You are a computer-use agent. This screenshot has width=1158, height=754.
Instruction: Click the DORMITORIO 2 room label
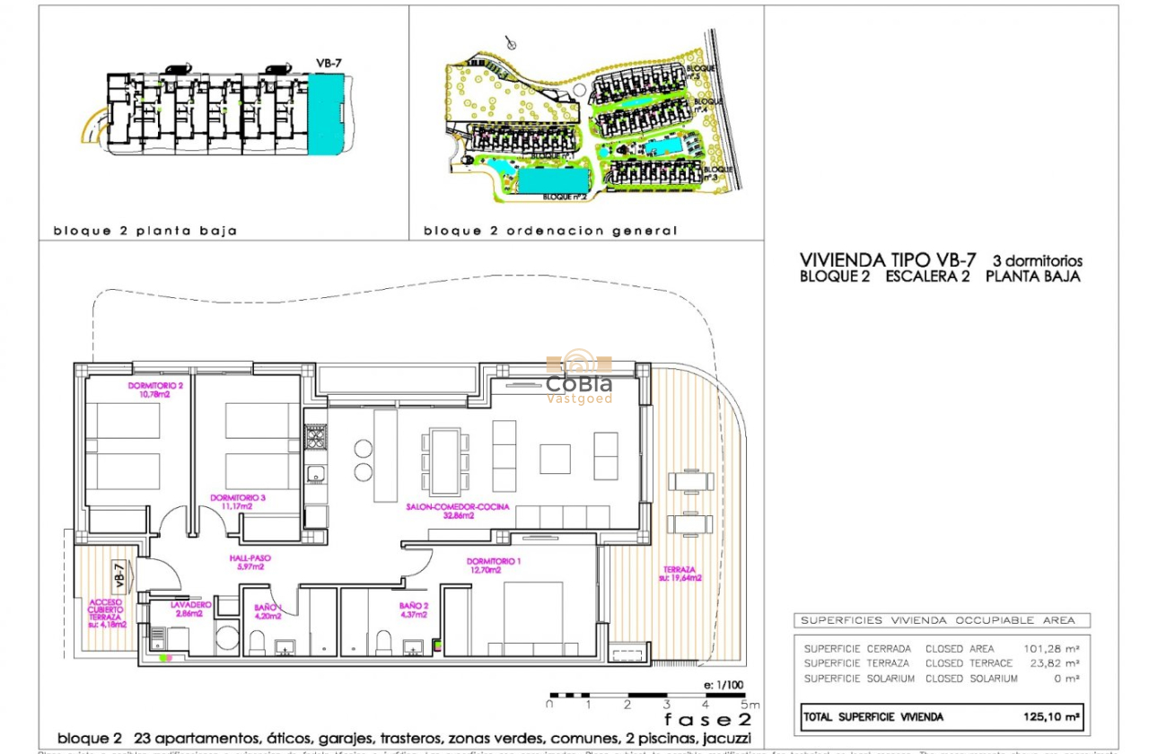pyautogui.click(x=149, y=390)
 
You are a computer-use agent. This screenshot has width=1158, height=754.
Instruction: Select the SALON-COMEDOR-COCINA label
pyautogui.click(x=458, y=511)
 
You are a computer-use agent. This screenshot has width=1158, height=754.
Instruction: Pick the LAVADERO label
pyautogui.click(x=190, y=609)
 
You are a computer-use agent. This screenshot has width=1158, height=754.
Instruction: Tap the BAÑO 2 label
pyautogui.click(x=414, y=609)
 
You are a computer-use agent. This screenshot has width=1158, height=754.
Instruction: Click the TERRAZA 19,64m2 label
pyautogui.click(x=682, y=574)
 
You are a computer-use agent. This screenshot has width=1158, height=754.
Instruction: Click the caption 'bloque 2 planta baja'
pyautogui.click(x=145, y=231)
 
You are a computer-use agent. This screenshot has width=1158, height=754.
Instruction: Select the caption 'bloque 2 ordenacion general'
pyautogui.click(x=550, y=231)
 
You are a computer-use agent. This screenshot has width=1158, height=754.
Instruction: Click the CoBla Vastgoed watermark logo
pyautogui.click(x=579, y=380)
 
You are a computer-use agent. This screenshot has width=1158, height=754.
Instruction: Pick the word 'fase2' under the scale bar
pyautogui.click(x=706, y=720)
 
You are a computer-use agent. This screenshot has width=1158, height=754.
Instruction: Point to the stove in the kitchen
pyautogui.click(x=316, y=438)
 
